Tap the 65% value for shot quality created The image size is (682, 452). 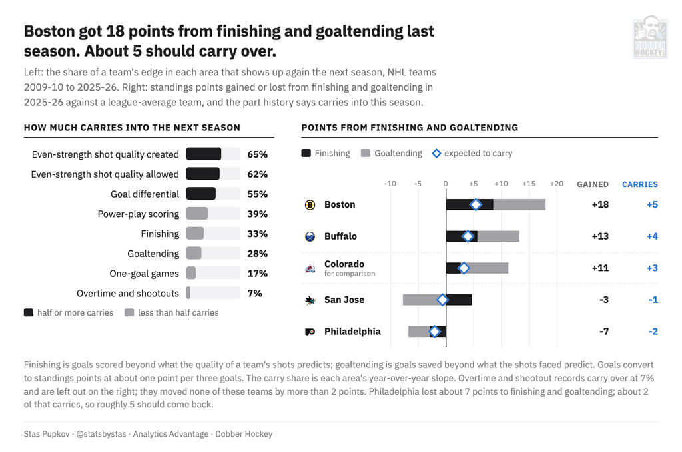[258, 154]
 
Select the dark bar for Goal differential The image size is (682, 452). [201, 194]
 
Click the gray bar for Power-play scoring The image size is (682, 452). [197, 214]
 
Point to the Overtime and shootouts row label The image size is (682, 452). [127, 294]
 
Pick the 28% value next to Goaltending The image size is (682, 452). [258, 254]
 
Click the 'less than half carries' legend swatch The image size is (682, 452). [129, 312]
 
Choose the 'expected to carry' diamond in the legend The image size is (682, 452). [436, 153]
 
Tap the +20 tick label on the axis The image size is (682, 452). [556, 184]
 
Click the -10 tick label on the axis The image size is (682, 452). [390, 184]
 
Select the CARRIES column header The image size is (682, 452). [640, 184]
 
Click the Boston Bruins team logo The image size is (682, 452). [310, 205]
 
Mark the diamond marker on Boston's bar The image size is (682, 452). [476, 205]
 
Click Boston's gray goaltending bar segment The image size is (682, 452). [519, 205]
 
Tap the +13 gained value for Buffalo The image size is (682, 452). [600, 236]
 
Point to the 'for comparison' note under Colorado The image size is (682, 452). [350, 274]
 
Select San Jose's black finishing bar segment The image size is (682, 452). [457, 300]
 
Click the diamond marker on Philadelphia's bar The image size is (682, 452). [434, 332]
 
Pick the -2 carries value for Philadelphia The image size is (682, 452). [653, 331]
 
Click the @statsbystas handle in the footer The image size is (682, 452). [101, 434]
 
